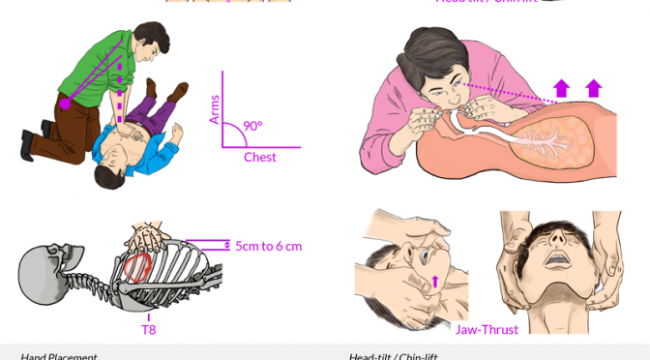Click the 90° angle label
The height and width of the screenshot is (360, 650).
[x=252, y=126]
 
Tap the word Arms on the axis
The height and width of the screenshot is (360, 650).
[x=215, y=109]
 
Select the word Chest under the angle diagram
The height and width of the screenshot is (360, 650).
[x=259, y=158]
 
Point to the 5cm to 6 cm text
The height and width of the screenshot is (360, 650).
[x=268, y=246]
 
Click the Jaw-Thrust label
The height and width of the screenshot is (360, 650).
[x=487, y=330]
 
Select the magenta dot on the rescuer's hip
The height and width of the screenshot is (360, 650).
[x=65, y=103]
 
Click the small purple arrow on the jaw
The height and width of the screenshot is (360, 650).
[x=434, y=282]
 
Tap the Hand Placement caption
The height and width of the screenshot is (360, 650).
[x=58, y=356]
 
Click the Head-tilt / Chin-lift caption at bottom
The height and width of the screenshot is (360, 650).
[x=393, y=356]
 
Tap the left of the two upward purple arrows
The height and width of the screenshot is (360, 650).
[x=561, y=89]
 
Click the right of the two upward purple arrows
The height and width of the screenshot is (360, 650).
[x=593, y=89]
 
